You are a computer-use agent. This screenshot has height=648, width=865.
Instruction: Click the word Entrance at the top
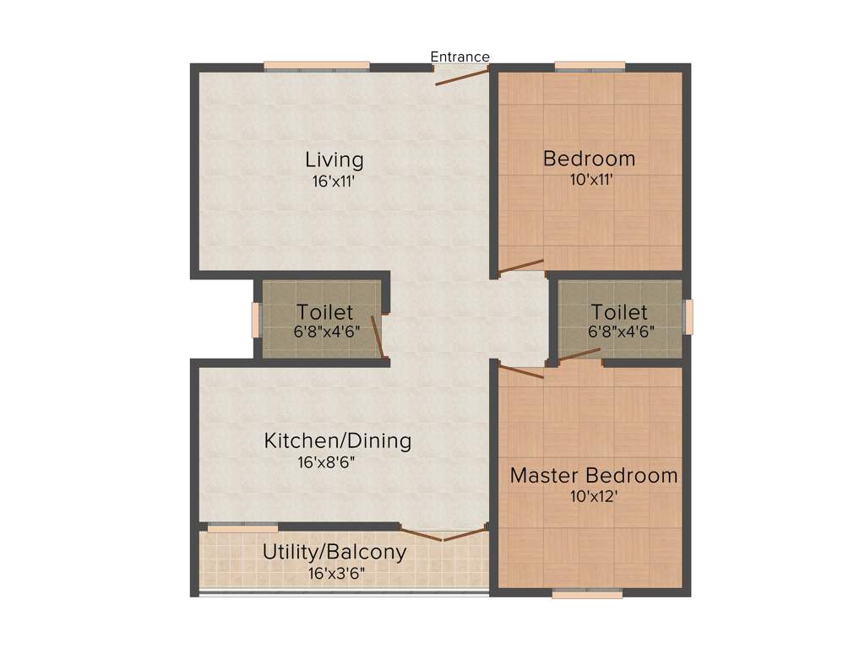click(460, 57)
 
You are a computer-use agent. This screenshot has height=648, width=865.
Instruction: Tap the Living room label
click(335, 159)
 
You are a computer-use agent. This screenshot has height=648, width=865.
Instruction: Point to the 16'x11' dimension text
click(335, 180)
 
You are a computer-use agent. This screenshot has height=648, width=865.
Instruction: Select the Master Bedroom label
click(593, 475)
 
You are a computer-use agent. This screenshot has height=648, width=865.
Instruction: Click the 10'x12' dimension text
click(593, 496)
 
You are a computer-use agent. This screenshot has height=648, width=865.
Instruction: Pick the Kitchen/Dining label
click(337, 440)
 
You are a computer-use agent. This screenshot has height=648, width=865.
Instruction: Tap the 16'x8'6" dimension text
click(337, 462)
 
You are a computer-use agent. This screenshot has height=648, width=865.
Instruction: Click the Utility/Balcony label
click(335, 553)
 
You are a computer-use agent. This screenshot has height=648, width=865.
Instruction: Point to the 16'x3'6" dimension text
click(335, 575)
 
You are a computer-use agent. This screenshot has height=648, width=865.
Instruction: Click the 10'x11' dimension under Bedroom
click(590, 179)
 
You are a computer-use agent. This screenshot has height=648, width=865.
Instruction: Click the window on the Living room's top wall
click(317, 66)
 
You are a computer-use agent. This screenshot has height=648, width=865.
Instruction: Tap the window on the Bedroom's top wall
click(590, 66)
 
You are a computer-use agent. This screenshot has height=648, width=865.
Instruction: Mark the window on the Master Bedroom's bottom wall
click(587, 594)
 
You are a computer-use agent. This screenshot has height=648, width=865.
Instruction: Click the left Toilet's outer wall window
click(256, 320)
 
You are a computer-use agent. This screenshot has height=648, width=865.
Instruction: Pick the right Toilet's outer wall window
click(688, 317)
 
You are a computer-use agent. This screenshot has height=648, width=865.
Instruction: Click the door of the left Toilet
click(379, 337)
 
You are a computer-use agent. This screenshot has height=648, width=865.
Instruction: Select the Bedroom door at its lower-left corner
click(520, 267)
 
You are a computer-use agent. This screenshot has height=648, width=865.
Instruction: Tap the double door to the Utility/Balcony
click(443, 534)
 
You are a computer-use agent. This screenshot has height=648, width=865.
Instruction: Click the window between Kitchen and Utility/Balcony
click(242, 528)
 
